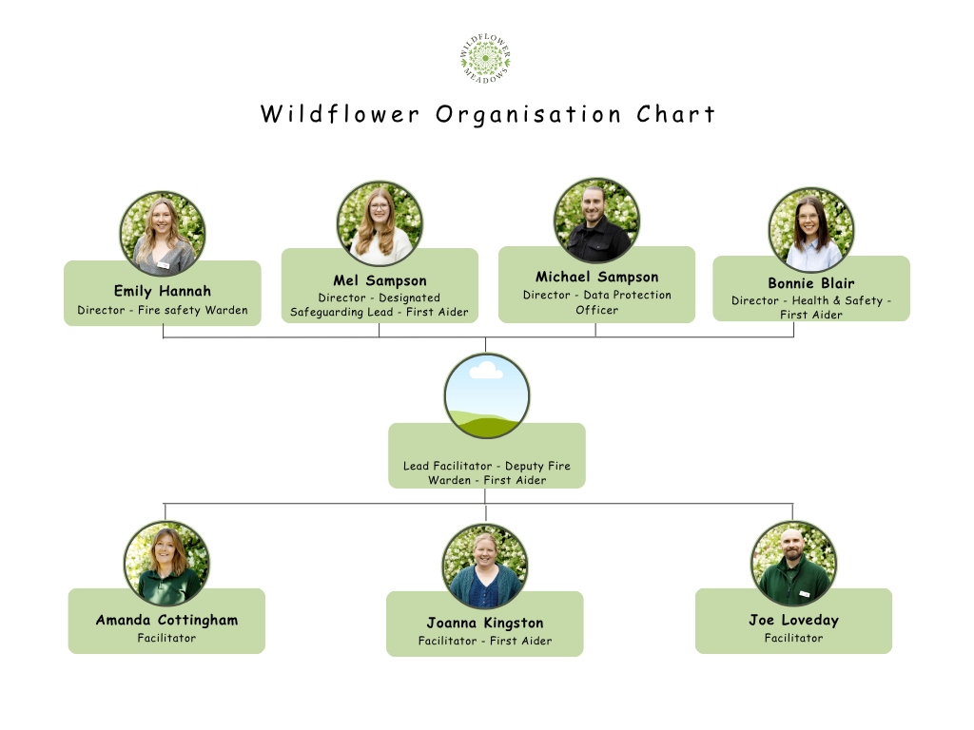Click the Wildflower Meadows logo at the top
click(486, 58)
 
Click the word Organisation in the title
click(528, 114)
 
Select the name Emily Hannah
click(163, 291)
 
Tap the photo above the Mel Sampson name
click(380, 223)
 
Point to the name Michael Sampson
click(597, 277)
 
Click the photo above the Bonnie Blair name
click(811, 230)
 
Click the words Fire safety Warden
click(192, 310)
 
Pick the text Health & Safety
click(837, 300)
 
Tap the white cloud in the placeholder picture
click(486, 371)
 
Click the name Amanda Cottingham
click(166, 620)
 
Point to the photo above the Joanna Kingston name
click(485, 567)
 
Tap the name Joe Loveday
click(794, 620)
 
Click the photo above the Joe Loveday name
click(794, 564)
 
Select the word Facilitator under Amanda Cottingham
click(166, 638)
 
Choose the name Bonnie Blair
click(811, 283)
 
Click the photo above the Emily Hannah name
click(163, 234)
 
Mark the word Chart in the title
click(676, 114)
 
